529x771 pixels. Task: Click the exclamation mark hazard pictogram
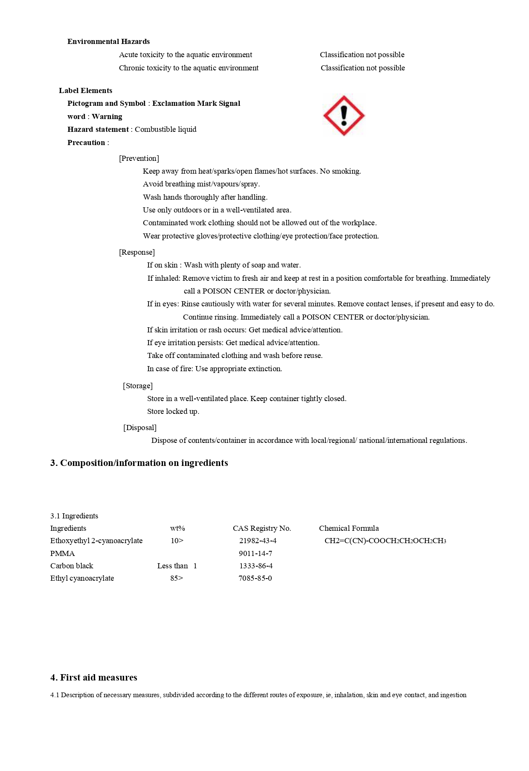coord(344,116)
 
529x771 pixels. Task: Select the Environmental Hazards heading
coord(108,41)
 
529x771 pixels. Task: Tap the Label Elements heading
coord(85,90)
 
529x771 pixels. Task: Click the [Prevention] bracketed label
coord(139,158)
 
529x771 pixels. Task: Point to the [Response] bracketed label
coord(137,252)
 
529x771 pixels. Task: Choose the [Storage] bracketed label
coord(138,386)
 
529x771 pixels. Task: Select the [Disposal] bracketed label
coord(140,428)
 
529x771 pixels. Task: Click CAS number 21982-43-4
coord(258,541)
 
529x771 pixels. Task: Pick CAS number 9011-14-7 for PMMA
coord(256,553)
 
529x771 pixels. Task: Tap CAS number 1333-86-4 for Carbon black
coord(256,566)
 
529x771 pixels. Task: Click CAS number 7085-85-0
coord(255,578)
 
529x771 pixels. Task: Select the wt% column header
coord(177,528)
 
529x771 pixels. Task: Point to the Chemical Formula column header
coord(349,528)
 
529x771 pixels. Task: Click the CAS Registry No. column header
coord(262,528)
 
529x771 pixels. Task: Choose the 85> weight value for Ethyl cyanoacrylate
coord(177,578)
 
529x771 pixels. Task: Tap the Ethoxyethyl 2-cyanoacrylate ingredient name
coord(96,541)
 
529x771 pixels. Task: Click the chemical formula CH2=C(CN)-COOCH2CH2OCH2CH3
coord(385,541)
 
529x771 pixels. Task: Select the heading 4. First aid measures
coord(94,678)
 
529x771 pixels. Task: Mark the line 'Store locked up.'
coord(173,411)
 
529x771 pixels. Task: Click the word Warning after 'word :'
coord(107,116)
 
